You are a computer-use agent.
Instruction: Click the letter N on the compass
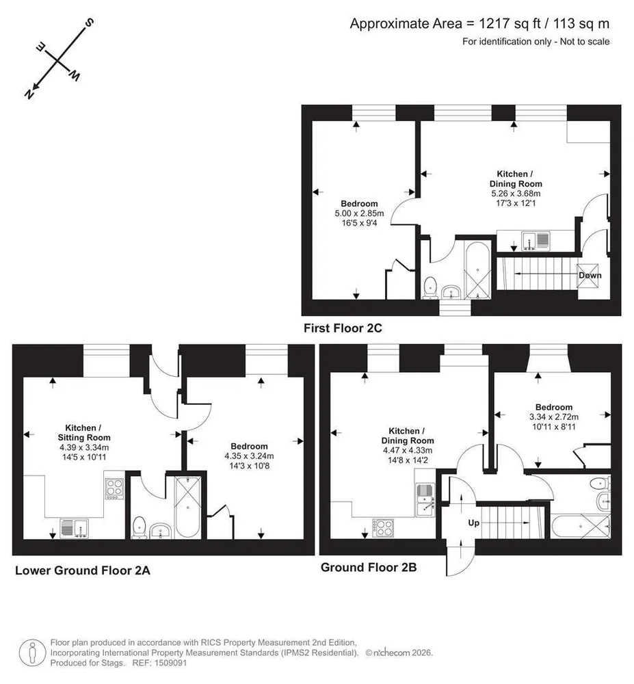pyautogui.click(x=29, y=94)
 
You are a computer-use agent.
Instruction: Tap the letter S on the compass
pyautogui.click(x=89, y=23)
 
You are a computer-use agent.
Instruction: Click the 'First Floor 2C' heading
pyautogui.click(x=343, y=328)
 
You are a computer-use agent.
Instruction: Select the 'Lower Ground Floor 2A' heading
pyautogui.click(x=82, y=570)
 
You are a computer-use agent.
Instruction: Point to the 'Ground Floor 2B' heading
pyautogui.click(x=369, y=567)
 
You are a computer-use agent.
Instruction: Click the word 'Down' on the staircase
pyautogui.click(x=590, y=275)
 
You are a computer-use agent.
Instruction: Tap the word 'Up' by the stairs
pyautogui.click(x=473, y=523)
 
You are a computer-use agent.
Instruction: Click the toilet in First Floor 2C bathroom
pyautogui.click(x=430, y=287)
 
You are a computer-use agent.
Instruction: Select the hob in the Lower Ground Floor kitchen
pyautogui.click(x=114, y=489)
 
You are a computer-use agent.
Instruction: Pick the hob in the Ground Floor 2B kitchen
pyautogui.click(x=383, y=527)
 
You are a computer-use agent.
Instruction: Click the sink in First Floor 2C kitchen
pyautogui.click(x=536, y=241)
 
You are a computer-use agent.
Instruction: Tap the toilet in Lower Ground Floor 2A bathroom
pyautogui.click(x=139, y=527)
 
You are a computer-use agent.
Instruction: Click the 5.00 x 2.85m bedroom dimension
pyautogui.click(x=359, y=213)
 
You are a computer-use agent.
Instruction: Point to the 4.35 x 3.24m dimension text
pyautogui.click(x=249, y=456)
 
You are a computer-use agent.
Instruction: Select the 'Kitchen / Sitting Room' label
pyautogui.click(x=83, y=433)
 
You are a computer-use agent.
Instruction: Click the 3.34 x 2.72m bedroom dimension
pyautogui.click(x=554, y=417)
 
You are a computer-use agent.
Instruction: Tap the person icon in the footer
pyautogui.click(x=32, y=653)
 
